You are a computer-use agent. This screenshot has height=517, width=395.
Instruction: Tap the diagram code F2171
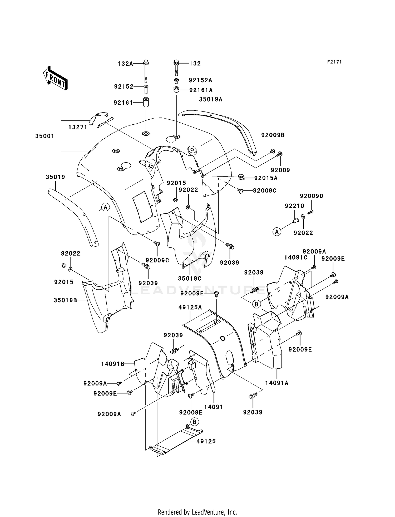pyautogui.click(x=334, y=62)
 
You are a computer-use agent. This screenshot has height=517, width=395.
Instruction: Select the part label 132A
pyautogui.click(x=125, y=64)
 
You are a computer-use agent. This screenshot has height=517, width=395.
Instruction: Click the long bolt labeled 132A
pyautogui.click(x=146, y=72)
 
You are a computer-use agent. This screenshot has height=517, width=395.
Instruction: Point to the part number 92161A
pyautogui.click(x=201, y=90)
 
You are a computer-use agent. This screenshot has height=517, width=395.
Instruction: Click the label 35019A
pyautogui.click(x=211, y=99)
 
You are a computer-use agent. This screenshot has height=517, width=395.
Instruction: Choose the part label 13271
pyautogui.click(x=78, y=127)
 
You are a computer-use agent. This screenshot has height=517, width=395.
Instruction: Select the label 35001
pyautogui.click(x=45, y=136)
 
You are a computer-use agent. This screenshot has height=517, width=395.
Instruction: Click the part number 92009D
pyautogui.click(x=312, y=196)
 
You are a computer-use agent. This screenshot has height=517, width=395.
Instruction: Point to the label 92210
pyautogui.click(x=294, y=206)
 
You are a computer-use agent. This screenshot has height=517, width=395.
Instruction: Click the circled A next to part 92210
pyautogui.click(x=277, y=232)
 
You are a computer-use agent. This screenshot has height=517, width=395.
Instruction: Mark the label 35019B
pyautogui.click(x=65, y=300)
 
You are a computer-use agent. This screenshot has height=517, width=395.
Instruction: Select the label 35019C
pyautogui.click(x=190, y=278)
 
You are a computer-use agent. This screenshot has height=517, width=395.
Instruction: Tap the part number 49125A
pyautogui.click(x=190, y=307)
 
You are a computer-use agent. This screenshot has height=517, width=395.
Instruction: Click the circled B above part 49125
pyautogui.click(x=195, y=422)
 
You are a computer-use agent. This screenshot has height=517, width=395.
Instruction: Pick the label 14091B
pyautogui.click(x=113, y=364)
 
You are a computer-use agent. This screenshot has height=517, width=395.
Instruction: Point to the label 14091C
pyautogui.click(x=296, y=257)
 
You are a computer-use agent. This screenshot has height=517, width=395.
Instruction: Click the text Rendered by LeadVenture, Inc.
pyautogui.click(x=197, y=512)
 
